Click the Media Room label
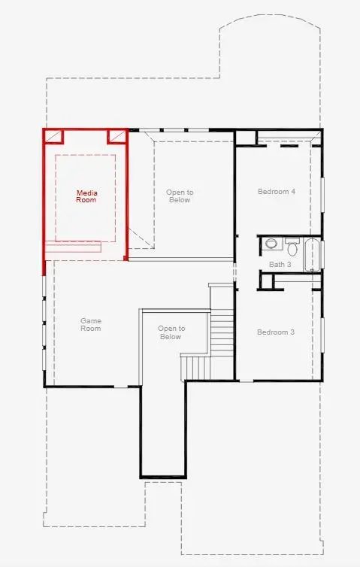click(x=86, y=196)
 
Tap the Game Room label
click(x=91, y=324)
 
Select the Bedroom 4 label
click(x=277, y=191)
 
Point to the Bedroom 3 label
click(x=276, y=332)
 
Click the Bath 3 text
click(x=280, y=265)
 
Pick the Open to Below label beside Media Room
click(x=180, y=196)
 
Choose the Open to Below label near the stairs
click(x=171, y=332)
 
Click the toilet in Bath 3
click(x=292, y=246)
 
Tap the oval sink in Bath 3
click(x=271, y=244)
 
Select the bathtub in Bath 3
click(x=313, y=255)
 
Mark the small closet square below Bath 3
click(x=266, y=281)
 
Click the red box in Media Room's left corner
click(x=53, y=136)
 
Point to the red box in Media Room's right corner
click(x=116, y=136)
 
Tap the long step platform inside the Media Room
click(x=73, y=247)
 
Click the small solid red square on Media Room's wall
click(x=126, y=258)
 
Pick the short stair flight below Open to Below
click(x=195, y=368)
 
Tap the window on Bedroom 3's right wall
click(x=322, y=335)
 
